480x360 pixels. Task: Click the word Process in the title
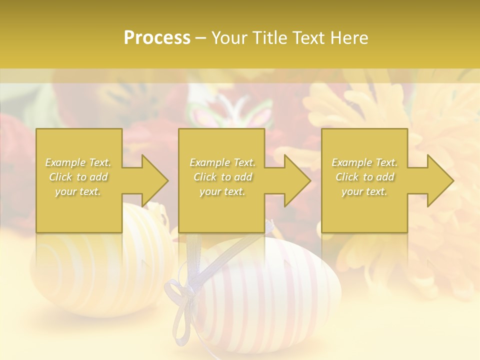tap(157, 38)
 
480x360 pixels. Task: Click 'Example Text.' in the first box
tap(78, 162)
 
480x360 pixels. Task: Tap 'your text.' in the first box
tap(78, 191)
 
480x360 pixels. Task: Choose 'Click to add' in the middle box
tap(222, 177)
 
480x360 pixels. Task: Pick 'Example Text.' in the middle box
tap(222, 162)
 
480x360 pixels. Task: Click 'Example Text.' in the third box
tap(364, 162)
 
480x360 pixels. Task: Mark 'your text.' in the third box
tap(364, 191)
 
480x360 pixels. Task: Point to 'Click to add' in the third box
tap(364, 177)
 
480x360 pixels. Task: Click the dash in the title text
tap(201, 38)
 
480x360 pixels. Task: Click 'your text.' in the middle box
tap(222, 191)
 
